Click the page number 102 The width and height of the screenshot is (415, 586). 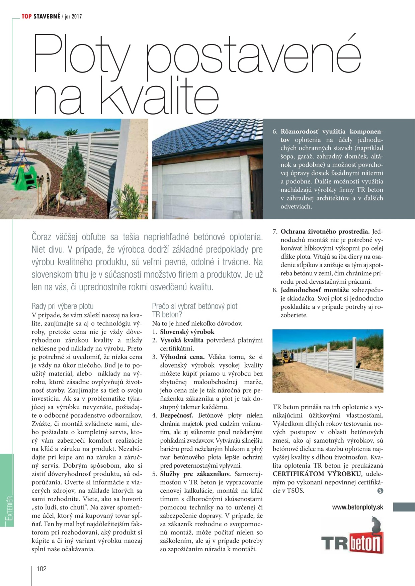tap(41, 569)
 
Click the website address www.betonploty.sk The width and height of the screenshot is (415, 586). tap(357, 507)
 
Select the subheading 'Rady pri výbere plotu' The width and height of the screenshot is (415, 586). tap(63, 306)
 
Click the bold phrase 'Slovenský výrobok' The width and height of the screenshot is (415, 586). tap(187, 332)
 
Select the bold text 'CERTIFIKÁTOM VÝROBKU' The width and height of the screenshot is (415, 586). tap(317, 474)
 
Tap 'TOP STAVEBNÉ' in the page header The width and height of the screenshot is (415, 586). tap(41, 16)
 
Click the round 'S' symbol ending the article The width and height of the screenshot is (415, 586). tap(380, 490)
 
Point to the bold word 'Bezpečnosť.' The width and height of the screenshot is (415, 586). tap(176, 415)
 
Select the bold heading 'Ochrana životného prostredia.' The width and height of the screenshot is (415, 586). tap(325, 232)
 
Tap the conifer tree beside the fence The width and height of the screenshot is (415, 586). tap(74, 170)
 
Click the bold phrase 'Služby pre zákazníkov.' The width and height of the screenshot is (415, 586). tap(195, 474)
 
